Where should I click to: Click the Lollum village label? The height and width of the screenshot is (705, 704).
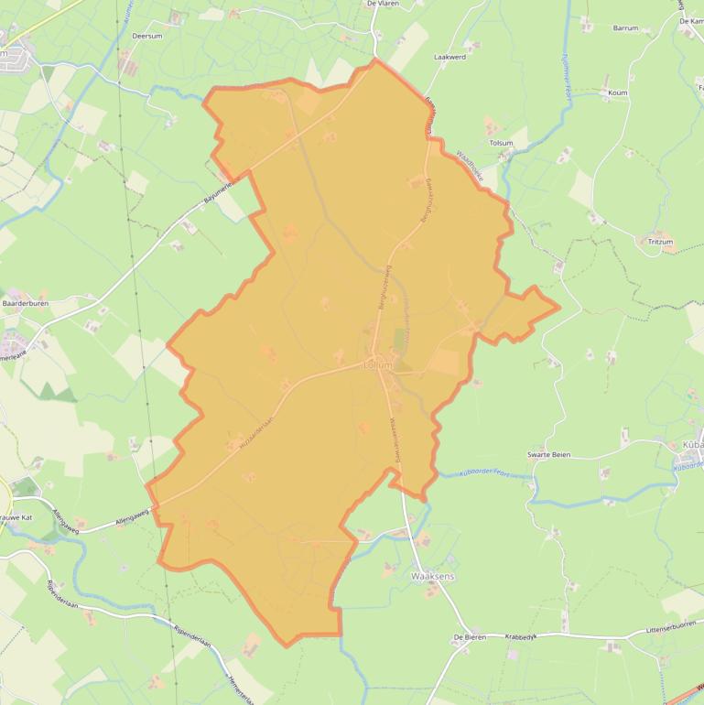click(x=377, y=365)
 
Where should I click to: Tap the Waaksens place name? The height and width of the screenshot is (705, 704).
click(x=434, y=576)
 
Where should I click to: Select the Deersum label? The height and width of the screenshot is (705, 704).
click(x=146, y=36)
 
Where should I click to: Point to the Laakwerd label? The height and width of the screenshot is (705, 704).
click(x=449, y=57)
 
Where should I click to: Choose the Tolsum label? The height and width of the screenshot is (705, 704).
click(x=502, y=143)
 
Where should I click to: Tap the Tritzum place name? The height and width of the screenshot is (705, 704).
click(x=659, y=242)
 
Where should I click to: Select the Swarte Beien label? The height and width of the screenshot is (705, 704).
click(x=549, y=455)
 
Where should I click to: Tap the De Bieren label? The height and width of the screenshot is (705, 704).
click(x=469, y=636)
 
